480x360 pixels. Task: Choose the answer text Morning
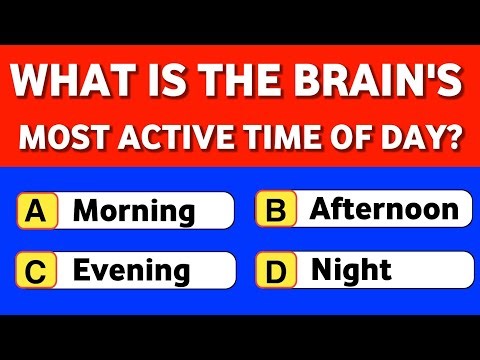tap(135, 211)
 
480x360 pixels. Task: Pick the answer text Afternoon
tap(385, 210)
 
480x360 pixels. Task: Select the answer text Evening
tap(132, 270)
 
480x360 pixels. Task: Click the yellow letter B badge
tap(276, 210)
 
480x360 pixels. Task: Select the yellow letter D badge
tap(276, 269)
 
